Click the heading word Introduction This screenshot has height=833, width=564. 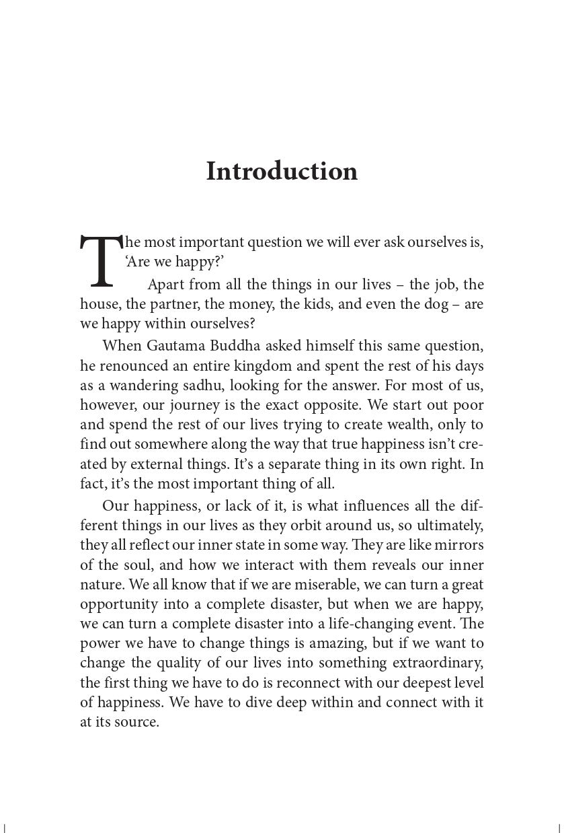(x=282, y=171)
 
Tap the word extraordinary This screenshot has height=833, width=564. (x=433, y=663)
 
